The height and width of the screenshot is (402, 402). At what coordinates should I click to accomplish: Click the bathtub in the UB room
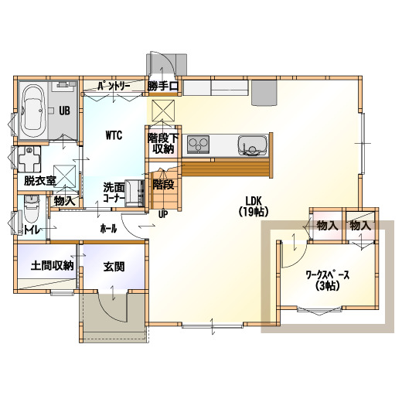[33, 111]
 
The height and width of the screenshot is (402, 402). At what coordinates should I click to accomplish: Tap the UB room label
[64, 111]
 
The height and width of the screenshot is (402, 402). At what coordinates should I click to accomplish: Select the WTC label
[114, 135]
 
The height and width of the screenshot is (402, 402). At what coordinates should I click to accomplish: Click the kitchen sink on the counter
[253, 145]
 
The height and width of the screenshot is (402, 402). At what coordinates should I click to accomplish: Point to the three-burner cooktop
[198, 145]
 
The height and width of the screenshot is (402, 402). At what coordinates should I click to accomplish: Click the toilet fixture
[32, 208]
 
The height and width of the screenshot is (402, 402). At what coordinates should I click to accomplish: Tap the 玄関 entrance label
[114, 267]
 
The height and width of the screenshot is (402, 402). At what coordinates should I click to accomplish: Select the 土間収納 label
[52, 265]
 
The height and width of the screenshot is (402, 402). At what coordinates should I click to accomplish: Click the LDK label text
[254, 200]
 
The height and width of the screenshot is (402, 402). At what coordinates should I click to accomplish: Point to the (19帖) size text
[254, 212]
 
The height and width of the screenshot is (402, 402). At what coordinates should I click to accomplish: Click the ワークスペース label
[327, 275]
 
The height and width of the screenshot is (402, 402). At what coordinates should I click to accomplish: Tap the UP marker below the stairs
[163, 214]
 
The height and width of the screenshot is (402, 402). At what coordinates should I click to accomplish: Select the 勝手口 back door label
[163, 86]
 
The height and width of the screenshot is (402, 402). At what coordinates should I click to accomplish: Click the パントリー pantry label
[114, 86]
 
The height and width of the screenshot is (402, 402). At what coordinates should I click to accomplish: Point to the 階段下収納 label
[163, 144]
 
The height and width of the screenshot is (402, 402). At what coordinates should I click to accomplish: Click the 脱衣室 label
[40, 181]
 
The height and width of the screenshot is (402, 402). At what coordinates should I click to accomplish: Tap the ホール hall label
[108, 229]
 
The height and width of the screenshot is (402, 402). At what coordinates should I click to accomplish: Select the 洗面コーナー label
[114, 192]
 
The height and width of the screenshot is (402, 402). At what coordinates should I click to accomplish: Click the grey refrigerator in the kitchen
[264, 93]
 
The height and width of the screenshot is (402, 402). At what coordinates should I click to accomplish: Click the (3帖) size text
[327, 286]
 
